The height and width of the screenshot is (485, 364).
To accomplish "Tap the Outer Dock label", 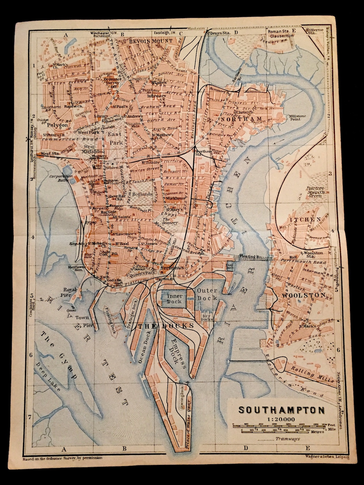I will tap(207, 294).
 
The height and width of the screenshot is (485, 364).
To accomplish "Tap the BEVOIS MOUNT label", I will tap(151, 41).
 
